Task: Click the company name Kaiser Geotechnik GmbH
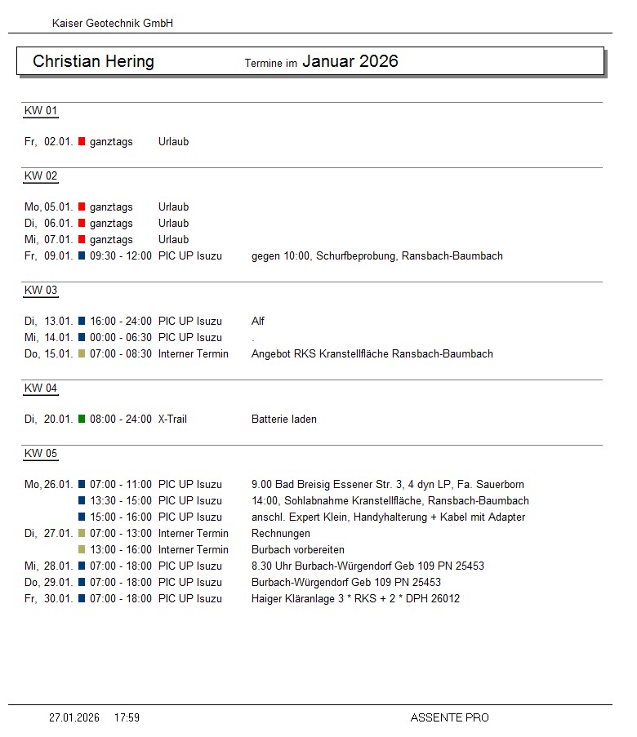tap(113, 24)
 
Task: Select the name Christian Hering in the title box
tap(93, 62)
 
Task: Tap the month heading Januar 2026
tap(350, 61)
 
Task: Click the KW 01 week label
tap(41, 111)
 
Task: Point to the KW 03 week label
tap(41, 291)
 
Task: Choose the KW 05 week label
tap(41, 454)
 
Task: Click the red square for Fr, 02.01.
tap(82, 141)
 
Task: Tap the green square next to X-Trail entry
tap(82, 419)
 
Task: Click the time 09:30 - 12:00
tap(121, 256)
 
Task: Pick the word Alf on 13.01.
tap(258, 322)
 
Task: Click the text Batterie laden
tap(284, 420)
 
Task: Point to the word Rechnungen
tap(281, 534)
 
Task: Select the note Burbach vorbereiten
tap(298, 550)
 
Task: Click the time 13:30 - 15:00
tap(121, 501)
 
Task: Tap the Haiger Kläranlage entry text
tap(355, 599)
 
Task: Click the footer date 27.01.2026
tap(74, 718)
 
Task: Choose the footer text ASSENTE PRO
tap(450, 718)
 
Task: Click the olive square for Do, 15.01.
tap(82, 353)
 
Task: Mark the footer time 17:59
tap(127, 718)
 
